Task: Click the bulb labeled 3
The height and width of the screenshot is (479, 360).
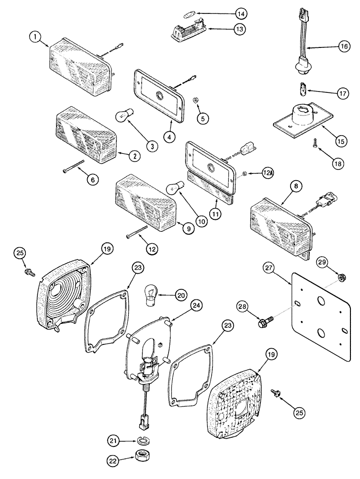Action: pos(125,115)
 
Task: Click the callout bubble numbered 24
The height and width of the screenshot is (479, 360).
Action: pos(197,305)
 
